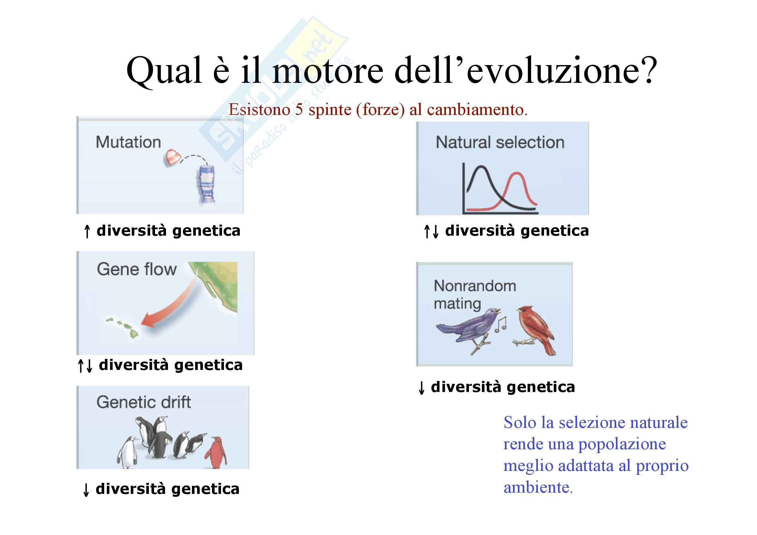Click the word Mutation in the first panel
tap(128, 142)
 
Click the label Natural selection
tap(500, 143)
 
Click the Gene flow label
tap(137, 269)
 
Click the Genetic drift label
tap(144, 403)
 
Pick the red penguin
tap(216, 452)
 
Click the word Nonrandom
tap(475, 286)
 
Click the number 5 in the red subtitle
tap(299, 109)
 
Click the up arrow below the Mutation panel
tap(87, 231)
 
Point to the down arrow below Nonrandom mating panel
tap(421, 388)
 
